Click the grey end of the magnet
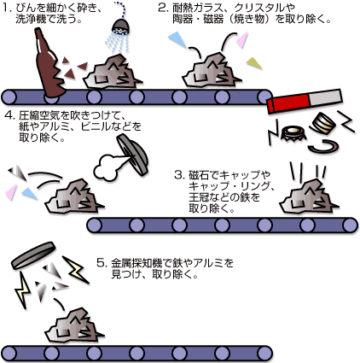[326, 97]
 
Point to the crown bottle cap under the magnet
[293, 134]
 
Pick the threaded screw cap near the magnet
[323, 121]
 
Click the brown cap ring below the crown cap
[324, 146]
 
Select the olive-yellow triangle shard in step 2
[253, 63]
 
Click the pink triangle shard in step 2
[242, 39]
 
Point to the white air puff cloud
[107, 166]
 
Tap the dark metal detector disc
[33, 255]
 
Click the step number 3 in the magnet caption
[178, 175]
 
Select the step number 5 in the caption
[101, 262]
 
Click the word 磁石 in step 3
[199, 175]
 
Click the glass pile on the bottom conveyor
[75, 325]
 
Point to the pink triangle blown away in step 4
[11, 191]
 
